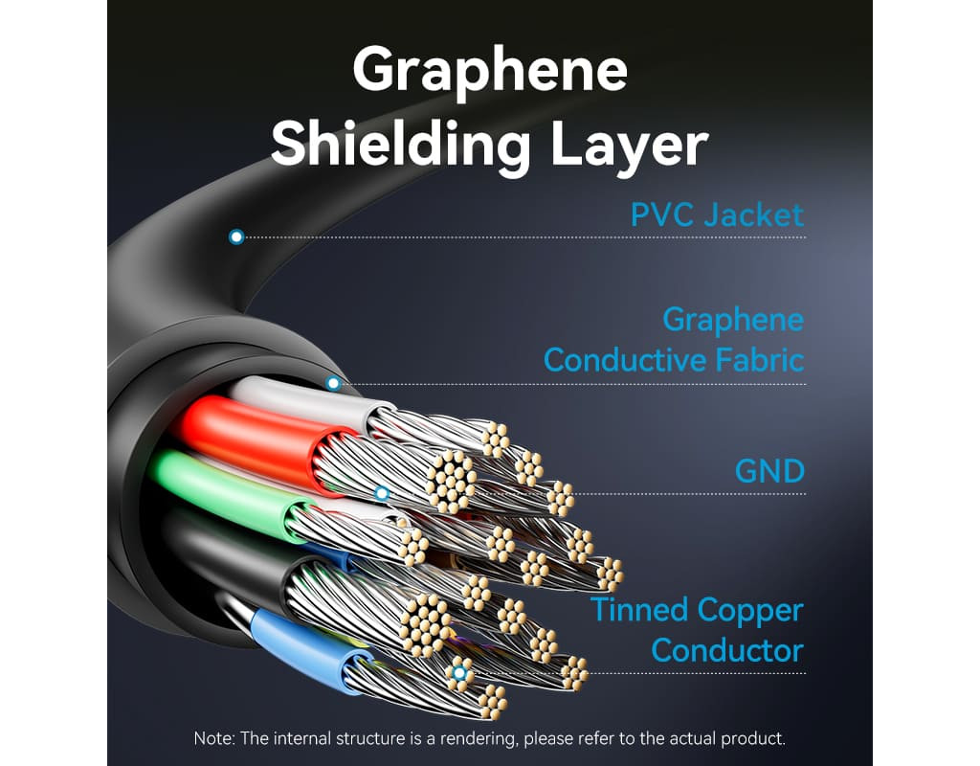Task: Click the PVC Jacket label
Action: click(x=717, y=215)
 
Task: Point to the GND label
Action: click(x=769, y=471)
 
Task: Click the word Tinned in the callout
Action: click(x=639, y=610)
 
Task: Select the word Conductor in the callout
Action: click(x=727, y=650)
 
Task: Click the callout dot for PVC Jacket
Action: click(x=236, y=237)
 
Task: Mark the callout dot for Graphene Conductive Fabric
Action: click(x=334, y=383)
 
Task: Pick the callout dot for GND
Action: click(x=382, y=493)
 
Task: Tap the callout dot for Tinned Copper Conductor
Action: click(x=459, y=673)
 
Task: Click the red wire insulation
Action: click(x=256, y=438)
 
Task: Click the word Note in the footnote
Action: click(x=213, y=738)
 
